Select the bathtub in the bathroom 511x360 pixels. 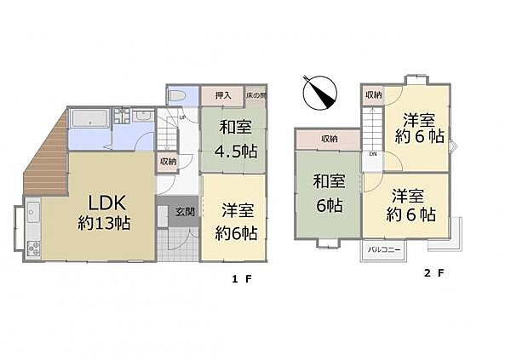tap(89, 119)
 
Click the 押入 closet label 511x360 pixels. tap(223, 96)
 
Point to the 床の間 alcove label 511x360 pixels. tap(256, 96)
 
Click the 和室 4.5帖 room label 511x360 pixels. tap(232, 138)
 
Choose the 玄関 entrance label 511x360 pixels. tap(185, 212)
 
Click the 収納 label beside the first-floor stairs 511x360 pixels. tap(168, 161)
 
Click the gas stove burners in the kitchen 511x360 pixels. tap(33, 249)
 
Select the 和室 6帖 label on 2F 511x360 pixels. tap(327, 193)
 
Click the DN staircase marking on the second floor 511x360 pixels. tap(373, 154)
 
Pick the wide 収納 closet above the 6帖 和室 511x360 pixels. tap(328, 139)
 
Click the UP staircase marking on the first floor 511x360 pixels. tap(182, 117)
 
